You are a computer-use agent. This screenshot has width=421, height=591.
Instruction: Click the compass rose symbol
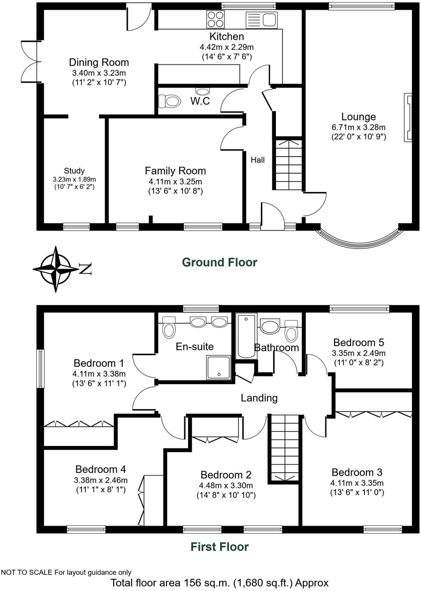[x=56, y=269]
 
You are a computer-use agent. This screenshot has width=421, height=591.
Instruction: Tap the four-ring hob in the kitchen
[x=215, y=19]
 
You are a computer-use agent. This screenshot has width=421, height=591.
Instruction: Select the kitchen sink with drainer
[x=261, y=20]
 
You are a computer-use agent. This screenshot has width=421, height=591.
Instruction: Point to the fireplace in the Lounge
[x=408, y=117]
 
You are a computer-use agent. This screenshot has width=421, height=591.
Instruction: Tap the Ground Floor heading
[x=219, y=262]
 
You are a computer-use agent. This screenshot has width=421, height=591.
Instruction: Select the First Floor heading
[x=219, y=547]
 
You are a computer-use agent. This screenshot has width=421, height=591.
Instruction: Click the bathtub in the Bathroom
[x=246, y=336]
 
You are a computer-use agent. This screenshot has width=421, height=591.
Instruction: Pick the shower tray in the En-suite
[x=218, y=367]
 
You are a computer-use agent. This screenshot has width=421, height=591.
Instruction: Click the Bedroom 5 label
[x=358, y=343]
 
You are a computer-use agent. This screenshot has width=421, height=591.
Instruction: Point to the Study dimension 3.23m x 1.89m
[x=74, y=179]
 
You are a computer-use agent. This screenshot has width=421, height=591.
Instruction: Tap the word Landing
[x=259, y=398]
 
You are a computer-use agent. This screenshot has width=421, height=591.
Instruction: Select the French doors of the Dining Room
[x=29, y=61]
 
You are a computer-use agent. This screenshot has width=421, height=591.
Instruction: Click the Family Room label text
[x=175, y=171]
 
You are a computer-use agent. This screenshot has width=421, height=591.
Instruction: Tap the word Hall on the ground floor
[x=257, y=160]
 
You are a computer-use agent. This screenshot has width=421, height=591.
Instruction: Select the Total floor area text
[x=219, y=583]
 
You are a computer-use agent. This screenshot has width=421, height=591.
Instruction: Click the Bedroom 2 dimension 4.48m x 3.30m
[x=226, y=486]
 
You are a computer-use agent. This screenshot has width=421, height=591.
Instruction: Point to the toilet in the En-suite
[x=169, y=328]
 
